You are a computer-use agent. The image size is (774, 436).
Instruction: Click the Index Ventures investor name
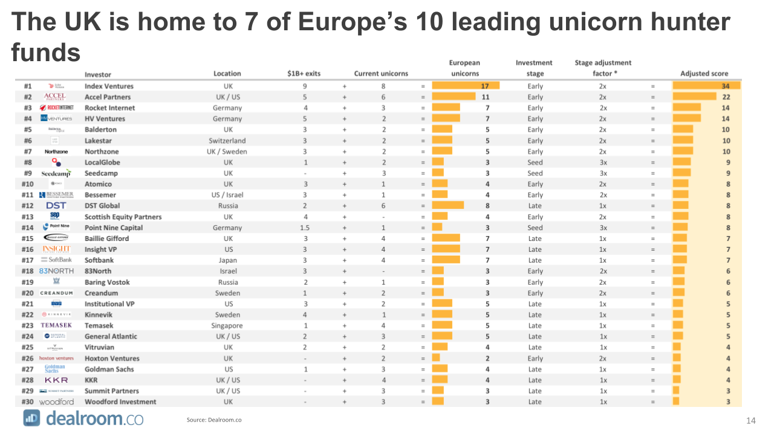(109, 86)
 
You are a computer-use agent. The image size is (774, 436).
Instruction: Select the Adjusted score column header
(704, 73)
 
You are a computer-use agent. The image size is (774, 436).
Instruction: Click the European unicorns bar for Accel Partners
(454, 97)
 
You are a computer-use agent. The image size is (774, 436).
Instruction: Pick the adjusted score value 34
(726, 86)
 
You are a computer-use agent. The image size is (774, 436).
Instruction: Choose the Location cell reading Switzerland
(227, 140)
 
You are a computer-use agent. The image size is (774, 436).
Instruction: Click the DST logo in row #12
(56, 205)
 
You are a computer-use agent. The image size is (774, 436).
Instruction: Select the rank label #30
(27, 401)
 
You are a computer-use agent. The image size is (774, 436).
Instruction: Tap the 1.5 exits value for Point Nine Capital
(305, 228)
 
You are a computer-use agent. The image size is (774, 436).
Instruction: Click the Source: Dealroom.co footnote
(214, 420)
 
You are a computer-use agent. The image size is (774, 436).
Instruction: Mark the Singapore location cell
(227, 325)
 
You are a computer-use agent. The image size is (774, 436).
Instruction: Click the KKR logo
(56, 380)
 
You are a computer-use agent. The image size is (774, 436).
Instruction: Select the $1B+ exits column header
(304, 73)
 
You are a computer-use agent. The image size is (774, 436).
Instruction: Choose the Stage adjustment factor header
(603, 68)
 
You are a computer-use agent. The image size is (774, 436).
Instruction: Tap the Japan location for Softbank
(227, 260)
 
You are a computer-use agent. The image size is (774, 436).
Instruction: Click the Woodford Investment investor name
(120, 401)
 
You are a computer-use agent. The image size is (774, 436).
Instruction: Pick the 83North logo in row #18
(56, 271)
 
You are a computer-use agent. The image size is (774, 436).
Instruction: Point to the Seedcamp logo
(56, 173)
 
